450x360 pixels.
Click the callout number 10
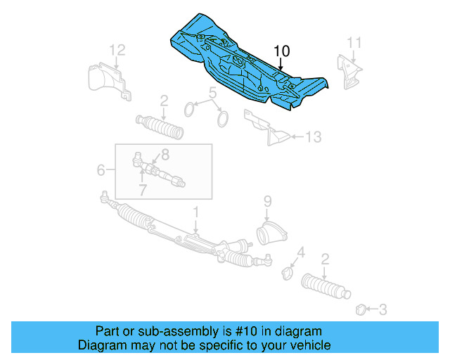(x=281, y=51)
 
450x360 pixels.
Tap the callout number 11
(x=354, y=42)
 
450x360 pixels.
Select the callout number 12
(x=117, y=49)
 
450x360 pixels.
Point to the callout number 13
(x=314, y=137)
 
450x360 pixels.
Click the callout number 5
(x=211, y=93)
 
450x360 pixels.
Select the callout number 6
(x=101, y=170)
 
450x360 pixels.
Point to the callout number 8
(x=165, y=154)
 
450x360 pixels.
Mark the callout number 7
(x=142, y=191)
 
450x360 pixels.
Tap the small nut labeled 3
(x=360, y=308)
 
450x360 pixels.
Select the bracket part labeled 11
(x=350, y=72)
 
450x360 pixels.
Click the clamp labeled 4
(x=288, y=272)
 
